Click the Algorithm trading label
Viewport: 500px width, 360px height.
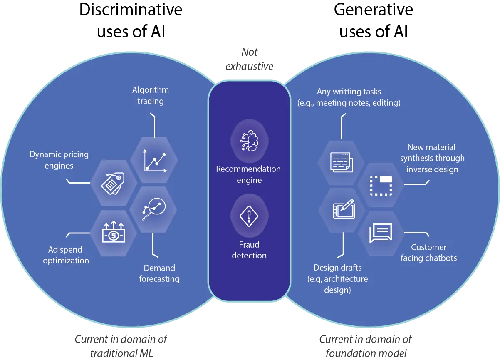click(151, 95)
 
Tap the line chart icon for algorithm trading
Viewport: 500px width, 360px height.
click(155, 160)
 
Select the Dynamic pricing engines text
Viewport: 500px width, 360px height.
click(59, 160)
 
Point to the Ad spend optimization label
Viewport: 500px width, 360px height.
click(66, 255)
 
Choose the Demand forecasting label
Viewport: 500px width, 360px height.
click(159, 273)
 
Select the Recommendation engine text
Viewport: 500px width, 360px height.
click(248, 174)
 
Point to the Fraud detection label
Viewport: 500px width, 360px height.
click(249, 250)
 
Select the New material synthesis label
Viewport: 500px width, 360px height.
click(432, 158)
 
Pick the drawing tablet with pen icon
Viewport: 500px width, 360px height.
click(343, 209)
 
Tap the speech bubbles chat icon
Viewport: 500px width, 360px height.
click(380, 233)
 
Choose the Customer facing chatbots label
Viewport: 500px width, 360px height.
click(428, 253)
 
